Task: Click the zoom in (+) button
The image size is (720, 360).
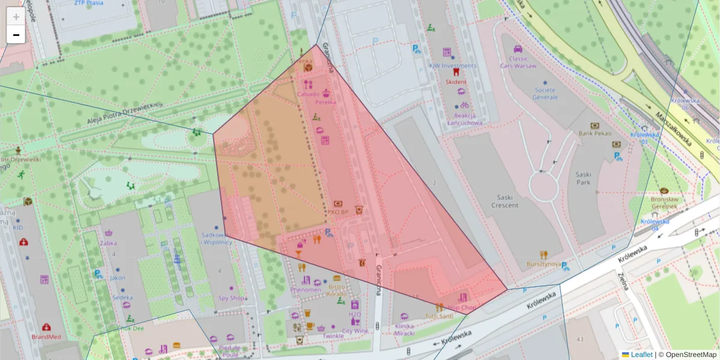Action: pyautogui.click(x=16, y=17)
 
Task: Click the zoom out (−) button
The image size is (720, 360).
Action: pyautogui.click(x=16, y=35)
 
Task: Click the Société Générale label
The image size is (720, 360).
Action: pyautogui.click(x=545, y=93)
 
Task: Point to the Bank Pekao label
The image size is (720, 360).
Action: pyautogui.click(x=595, y=133)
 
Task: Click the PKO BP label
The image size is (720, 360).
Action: pyautogui.click(x=338, y=212)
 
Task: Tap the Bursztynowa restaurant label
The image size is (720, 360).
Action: pyautogui.click(x=543, y=263)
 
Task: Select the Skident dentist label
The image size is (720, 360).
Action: pyautogui.click(x=455, y=81)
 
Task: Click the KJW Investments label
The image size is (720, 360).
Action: pyautogui.click(x=452, y=65)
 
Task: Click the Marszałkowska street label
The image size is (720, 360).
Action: pyautogui.click(x=673, y=128)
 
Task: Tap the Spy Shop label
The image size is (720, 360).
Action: pyautogui.click(x=232, y=298)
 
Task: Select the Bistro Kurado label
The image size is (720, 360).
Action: pyautogui.click(x=337, y=290)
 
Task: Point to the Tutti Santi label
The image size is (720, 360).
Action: pyautogui.click(x=439, y=316)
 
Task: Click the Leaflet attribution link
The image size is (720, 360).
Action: pyautogui.click(x=641, y=355)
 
